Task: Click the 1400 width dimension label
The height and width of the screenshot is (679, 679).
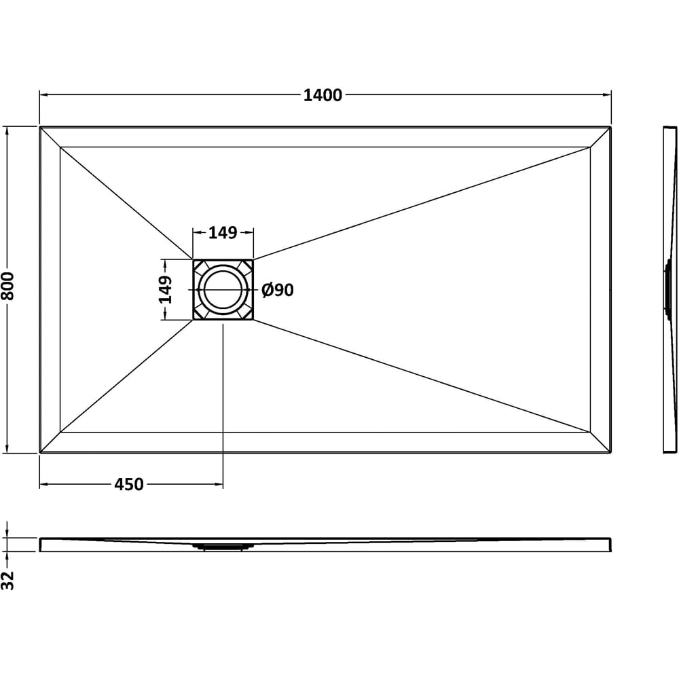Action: [x=323, y=96]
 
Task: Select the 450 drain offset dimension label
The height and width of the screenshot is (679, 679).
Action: [x=128, y=485]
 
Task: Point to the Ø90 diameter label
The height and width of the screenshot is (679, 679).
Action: [x=278, y=291]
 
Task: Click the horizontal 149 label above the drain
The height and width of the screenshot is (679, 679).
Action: [x=223, y=233]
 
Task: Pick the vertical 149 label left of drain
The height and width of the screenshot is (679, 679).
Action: [x=166, y=290]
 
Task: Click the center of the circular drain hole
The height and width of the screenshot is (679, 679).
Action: [x=223, y=290]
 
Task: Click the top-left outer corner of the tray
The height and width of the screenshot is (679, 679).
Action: [x=40, y=127]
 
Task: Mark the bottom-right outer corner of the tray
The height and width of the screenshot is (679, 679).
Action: [x=611, y=452]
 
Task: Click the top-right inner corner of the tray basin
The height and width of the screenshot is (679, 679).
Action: [x=590, y=147]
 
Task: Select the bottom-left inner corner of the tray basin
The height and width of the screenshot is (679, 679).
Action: [x=60, y=432]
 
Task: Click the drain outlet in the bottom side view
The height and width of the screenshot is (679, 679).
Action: [x=223, y=545]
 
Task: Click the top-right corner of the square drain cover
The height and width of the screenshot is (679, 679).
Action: [x=253, y=260]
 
